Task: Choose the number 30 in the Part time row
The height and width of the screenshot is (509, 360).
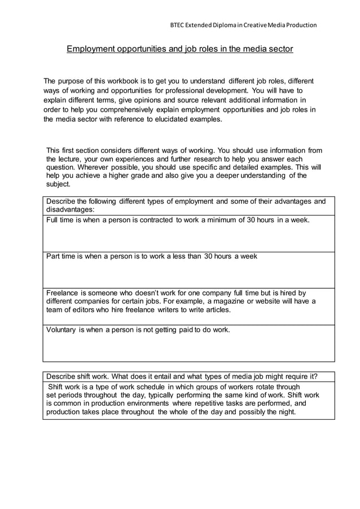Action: pos(210,256)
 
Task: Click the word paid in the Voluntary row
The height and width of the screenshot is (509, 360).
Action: pos(186,330)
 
